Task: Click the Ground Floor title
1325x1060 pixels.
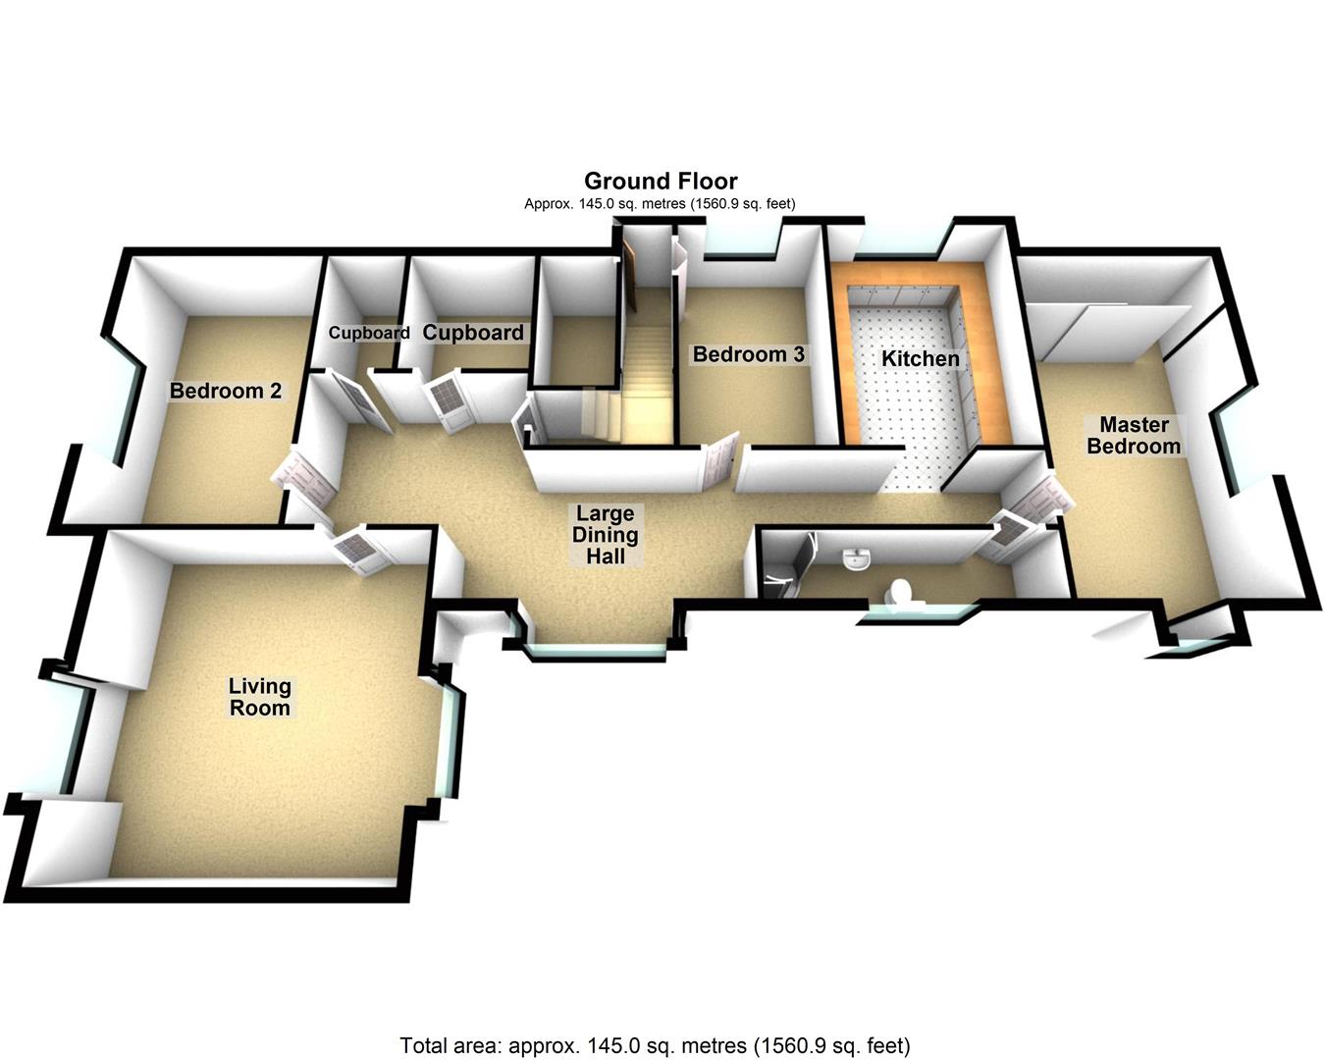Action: coord(661,181)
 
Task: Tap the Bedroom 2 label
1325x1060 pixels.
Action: coord(226,391)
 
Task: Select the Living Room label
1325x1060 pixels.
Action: coord(259,697)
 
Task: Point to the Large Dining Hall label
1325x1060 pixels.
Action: coord(606,535)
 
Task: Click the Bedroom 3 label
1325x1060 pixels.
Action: coord(749,354)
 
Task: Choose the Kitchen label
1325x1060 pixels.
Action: coord(920,358)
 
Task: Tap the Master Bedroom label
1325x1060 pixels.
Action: coord(1134,436)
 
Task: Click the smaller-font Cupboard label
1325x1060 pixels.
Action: coord(369,333)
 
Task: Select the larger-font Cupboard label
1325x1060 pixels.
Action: coord(473,333)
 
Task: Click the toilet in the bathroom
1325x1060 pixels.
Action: coord(898,595)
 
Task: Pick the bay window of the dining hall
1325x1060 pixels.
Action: coord(596,651)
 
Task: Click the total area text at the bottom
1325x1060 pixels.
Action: coord(655,1044)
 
